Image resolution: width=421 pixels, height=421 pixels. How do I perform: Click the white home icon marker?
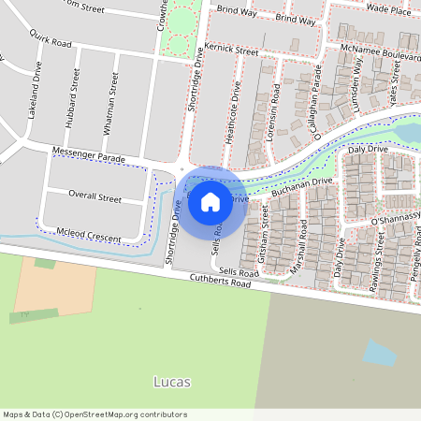point(210,201)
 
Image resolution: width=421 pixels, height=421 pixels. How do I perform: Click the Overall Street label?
point(94,198)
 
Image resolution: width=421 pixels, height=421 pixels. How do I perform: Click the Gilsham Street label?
point(265,230)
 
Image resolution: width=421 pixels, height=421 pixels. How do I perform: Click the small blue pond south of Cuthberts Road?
point(379,353)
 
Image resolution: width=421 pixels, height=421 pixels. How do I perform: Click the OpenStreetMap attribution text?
point(94,414)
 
